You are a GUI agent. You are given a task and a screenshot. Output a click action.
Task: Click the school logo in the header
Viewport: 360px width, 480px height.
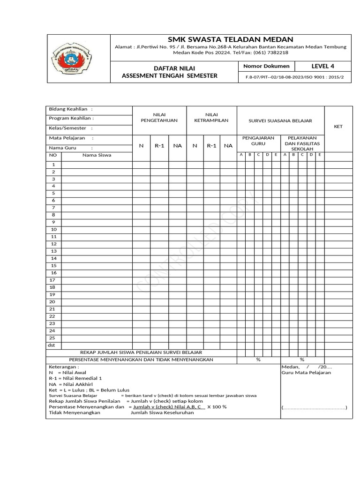pos(78,58)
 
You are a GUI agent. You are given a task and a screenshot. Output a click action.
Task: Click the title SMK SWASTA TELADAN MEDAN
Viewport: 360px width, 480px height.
pos(230,39)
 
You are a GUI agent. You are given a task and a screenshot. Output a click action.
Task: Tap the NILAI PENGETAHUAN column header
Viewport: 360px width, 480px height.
pos(159,117)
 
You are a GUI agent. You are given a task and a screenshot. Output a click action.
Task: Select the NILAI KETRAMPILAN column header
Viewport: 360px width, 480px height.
pos(211,117)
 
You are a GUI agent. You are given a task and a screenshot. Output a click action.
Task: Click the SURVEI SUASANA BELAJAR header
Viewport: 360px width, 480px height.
pos(281,120)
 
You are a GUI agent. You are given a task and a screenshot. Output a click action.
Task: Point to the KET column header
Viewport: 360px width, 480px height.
pos(338,127)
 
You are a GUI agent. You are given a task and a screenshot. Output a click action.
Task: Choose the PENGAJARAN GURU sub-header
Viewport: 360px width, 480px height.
pos(258,141)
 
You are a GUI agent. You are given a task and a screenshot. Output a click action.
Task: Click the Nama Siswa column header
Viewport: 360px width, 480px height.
pos(97,155)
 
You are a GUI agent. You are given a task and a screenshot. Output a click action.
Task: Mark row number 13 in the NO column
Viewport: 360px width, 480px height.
pos(53,251)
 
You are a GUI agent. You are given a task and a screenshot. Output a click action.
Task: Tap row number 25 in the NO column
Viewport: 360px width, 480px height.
pos(53,338)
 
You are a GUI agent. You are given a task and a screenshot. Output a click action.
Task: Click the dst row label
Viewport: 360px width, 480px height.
pos(52,345)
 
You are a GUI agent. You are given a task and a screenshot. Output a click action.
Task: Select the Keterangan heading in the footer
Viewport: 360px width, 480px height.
pos(64,367)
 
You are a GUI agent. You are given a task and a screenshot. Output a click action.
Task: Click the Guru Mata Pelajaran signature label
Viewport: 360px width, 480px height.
pos(306,373)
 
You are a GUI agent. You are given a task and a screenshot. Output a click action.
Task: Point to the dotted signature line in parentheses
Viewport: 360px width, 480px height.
pos(314,407)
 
